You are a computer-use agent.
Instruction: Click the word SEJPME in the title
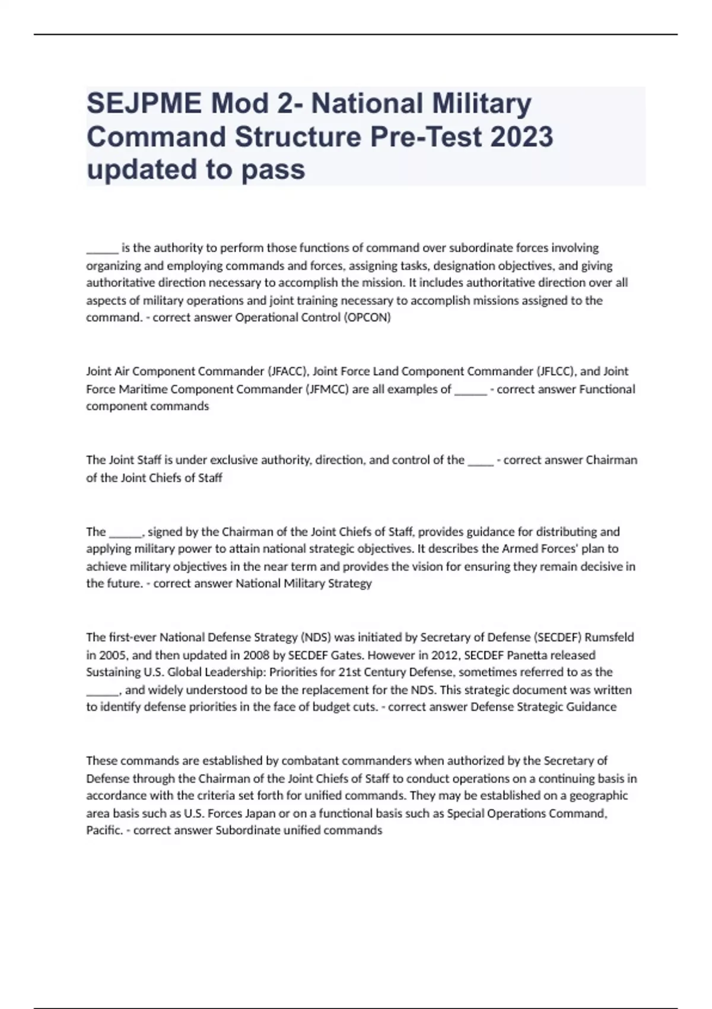pyautogui.click(x=144, y=104)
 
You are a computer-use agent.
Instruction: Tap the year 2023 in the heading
pyautogui.click(x=522, y=137)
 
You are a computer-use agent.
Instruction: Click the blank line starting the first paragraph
pyautogui.click(x=102, y=248)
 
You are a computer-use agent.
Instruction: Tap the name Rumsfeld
pyautogui.click(x=609, y=637)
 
